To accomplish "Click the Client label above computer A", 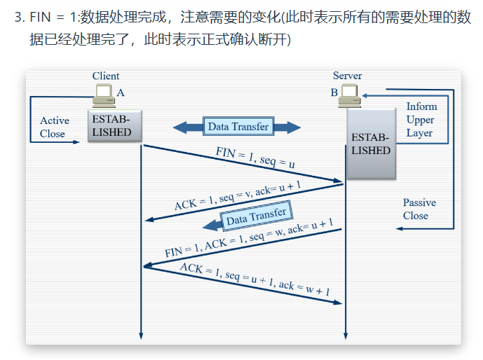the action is tap(106, 76).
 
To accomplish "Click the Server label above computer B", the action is tap(347, 76).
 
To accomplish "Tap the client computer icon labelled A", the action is tap(104, 96).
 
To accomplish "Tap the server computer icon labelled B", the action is tap(349, 96).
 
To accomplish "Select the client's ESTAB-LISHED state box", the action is tap(114, 125).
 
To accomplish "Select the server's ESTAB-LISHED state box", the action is tap(371, 144).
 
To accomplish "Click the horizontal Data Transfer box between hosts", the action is tap(238, 126).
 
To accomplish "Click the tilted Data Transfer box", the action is tap(256, 216).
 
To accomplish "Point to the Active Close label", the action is tap(54, 127).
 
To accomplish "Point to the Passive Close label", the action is tap(419, 209).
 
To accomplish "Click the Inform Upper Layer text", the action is tap(421, 120).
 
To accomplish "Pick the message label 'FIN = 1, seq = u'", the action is tap(255, 157).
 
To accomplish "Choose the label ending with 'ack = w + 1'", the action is tap(254, 279).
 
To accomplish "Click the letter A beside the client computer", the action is tap(121, 92).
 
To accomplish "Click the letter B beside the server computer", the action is tap(334, 92).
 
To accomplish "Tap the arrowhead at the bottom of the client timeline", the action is tap(141, 336).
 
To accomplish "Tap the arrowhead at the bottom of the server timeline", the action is tap(346, 336).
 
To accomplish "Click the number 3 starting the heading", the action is tap(18, 17).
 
